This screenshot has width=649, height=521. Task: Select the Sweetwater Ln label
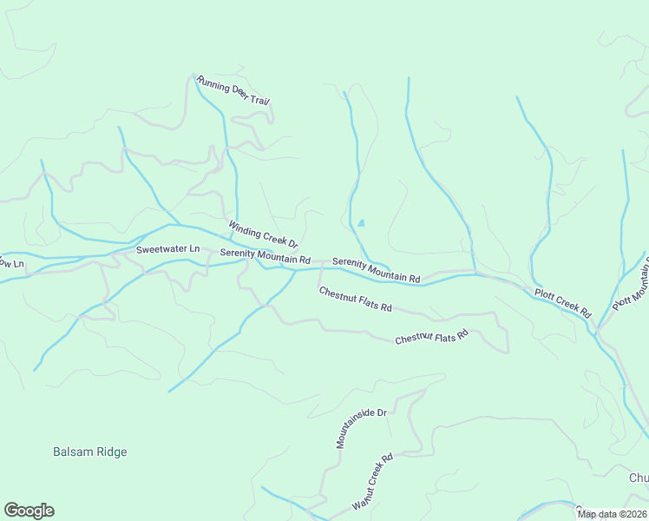[167, 249]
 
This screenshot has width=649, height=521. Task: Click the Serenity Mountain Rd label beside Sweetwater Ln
[265, 256]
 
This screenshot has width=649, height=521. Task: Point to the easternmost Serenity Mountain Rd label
[376, 270]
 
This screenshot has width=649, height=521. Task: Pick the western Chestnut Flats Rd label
[355, 300]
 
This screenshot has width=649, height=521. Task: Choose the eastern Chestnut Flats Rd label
[431, 336]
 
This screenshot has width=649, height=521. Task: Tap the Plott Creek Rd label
[561, 302]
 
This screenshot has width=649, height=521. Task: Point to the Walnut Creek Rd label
[372, 481]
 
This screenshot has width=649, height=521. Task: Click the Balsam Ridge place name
[89, 452]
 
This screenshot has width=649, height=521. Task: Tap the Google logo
[29, 510]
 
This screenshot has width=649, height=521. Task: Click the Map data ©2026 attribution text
[611, 514]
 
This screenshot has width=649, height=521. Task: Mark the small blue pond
[361, 223]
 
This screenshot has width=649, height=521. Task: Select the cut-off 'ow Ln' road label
[11, 261]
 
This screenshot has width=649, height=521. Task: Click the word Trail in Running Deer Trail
[258, 98]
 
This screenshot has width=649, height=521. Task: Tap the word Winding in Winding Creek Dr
[244, 228]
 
